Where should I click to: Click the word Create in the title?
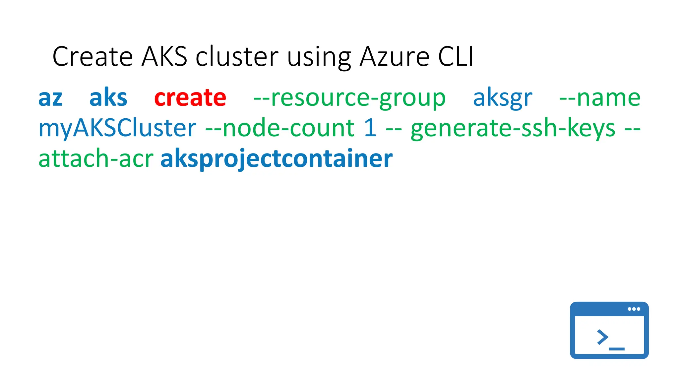pyautogui.click(x=93, y=56)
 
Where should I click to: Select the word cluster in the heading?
pyautogui.click(x=237, y=56)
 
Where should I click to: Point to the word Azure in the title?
pyautogui.click(x=395, y=56)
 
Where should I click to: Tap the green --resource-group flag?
pyautogui.click(x=349, y=98)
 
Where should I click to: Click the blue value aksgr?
pyautogui.click(x=502, y=98)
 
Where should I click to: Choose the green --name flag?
pyautogui.click(x=600, y=98)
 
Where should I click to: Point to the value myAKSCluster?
pyautogui.click(x=117, y=128)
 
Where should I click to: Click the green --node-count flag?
pyautogui.click(x=280, y=128)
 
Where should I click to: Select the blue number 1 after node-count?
pyautogui.click(x=370, y=128)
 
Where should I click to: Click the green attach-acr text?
pyautogui.click(x=96, y=159)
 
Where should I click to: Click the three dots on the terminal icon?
pyautogui.click(x=634, y=309)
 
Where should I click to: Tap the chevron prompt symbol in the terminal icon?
pyautogui.click(x=602, y=337)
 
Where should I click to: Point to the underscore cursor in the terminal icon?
pyautogui.click(x=617, y=349)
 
